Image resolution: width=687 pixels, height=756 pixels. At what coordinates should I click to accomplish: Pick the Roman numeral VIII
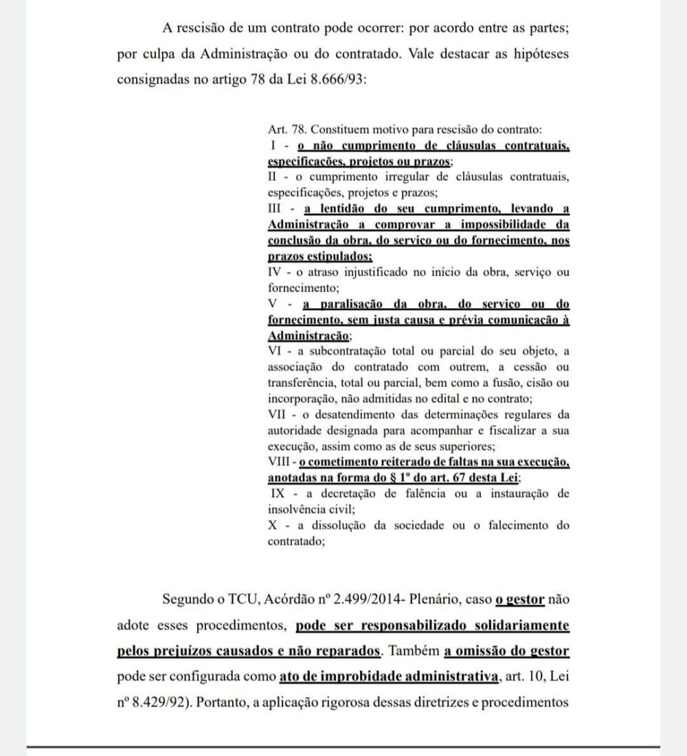[x=281, y=463]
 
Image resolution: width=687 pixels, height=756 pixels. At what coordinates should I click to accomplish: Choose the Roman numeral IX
[x=279, y=493]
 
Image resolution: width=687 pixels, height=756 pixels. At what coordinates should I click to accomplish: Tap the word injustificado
[x=370, y=273]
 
